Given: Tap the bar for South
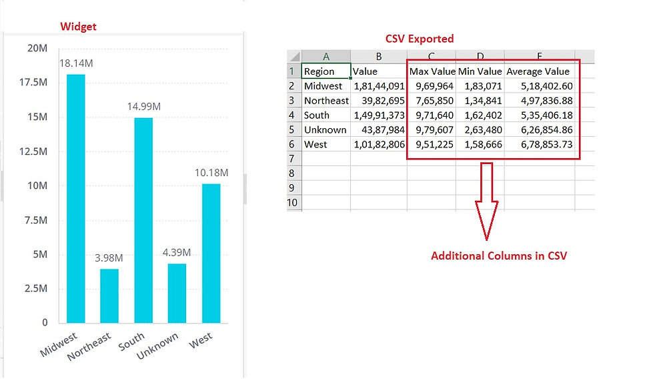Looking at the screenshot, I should [x=143, y=220].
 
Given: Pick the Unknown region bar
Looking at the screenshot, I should [x=177, y=293].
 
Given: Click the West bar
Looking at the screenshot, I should [x=211, y=253].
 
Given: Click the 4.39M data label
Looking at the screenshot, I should [x=177, y=252].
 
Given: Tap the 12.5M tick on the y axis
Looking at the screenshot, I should [x=35, y=151].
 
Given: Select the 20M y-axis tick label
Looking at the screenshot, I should [x=37, y=48].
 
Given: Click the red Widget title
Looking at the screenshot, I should [x=79, y=27].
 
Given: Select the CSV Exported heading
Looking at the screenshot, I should [x=420, y=39].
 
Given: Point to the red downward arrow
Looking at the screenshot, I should [x=486, y=201].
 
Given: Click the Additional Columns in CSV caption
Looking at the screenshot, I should [x=498, y=256].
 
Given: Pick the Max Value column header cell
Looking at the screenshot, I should [x=432, y=71].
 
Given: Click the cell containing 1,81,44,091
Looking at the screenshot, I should [x=379, y=86].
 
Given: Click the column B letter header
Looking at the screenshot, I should [x=378, y=57].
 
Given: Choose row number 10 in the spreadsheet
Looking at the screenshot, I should [x=294, y=203].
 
